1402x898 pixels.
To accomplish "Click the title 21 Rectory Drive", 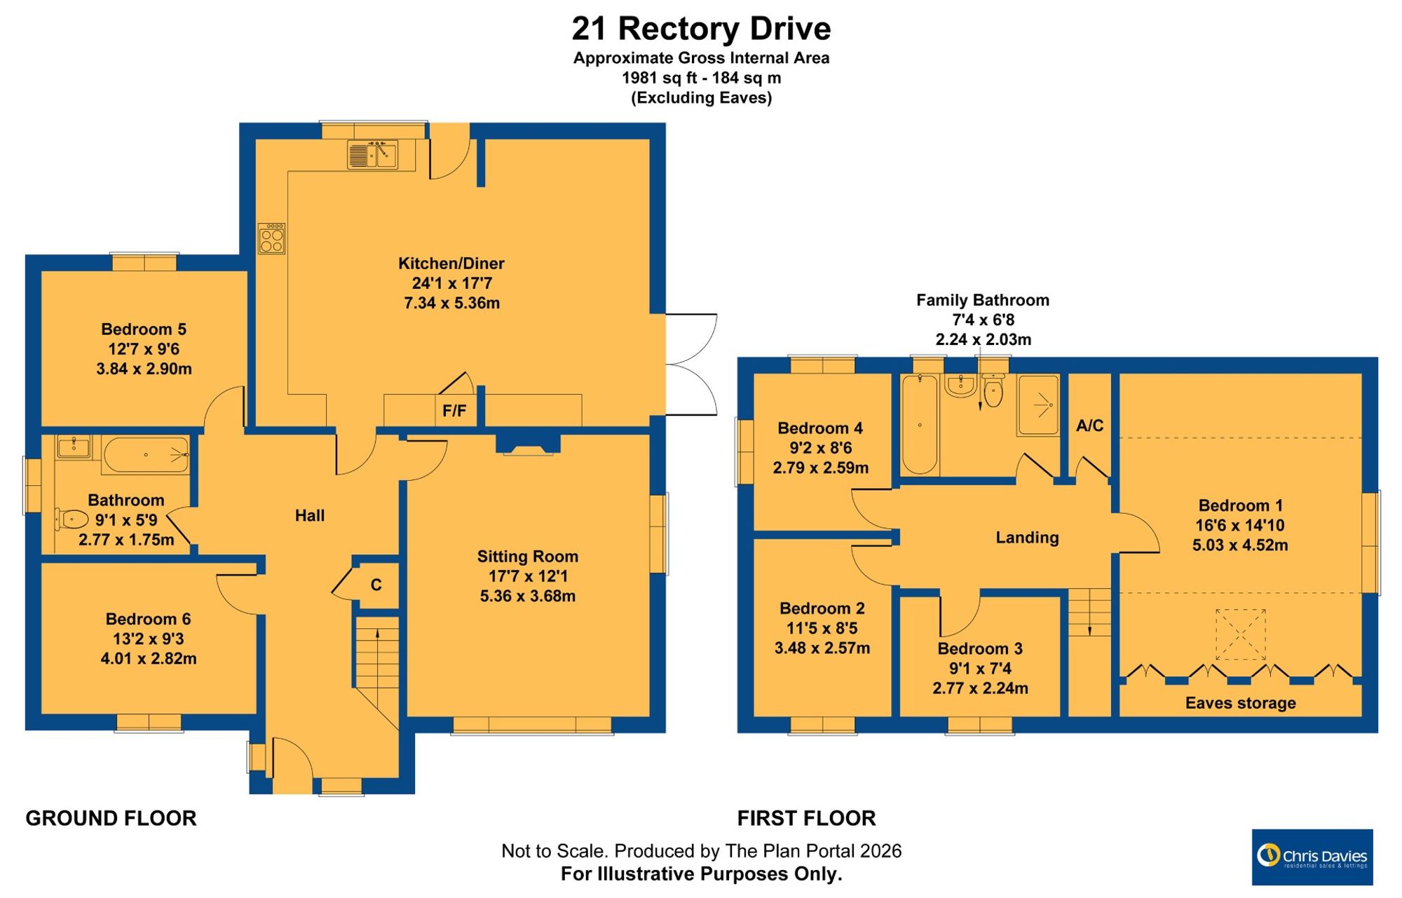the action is [701, 29].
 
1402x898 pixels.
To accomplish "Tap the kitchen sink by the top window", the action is [372, 154].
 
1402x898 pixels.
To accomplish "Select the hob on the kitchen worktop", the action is [271, 238].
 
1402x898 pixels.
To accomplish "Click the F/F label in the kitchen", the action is [454, 411].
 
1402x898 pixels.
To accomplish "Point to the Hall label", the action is [310, 516].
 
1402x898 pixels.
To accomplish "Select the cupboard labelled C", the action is [376, 585].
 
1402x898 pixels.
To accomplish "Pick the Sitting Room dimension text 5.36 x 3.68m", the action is [528, 597].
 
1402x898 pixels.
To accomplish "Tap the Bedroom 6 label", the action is [148, 619].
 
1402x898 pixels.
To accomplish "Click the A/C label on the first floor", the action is [1089, 426].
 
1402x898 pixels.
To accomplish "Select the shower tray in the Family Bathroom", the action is [1038, 405].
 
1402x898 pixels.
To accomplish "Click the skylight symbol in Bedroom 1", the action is [1240, 634].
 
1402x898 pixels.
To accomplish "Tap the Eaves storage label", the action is [1240, 703].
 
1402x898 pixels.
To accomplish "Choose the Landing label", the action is [1027, 538].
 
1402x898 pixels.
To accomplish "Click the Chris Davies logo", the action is [1312, 857].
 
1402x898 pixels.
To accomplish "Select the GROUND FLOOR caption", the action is [111, 818].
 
